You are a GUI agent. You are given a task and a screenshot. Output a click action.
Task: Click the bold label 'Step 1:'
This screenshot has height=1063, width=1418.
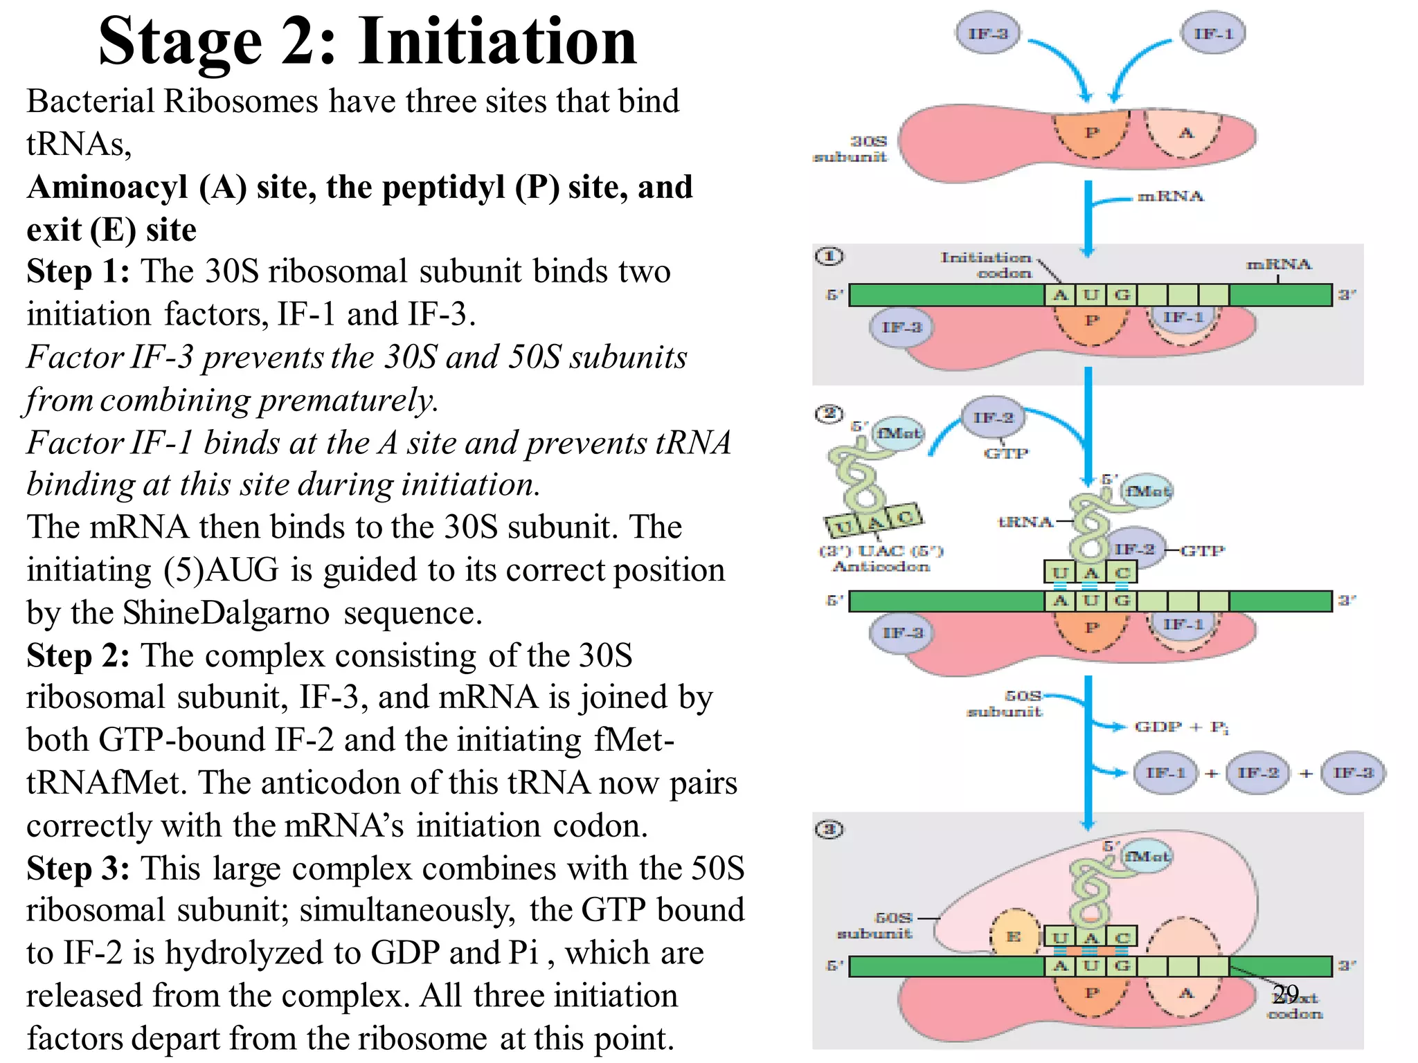[x=78, y=271]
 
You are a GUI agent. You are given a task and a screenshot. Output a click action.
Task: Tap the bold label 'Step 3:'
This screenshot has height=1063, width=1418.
[x=78, y=869]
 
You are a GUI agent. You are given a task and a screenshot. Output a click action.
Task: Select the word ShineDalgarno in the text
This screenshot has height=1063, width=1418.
[x=226, y=613]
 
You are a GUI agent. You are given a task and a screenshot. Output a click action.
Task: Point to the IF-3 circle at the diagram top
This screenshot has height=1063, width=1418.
[x=987, y=33]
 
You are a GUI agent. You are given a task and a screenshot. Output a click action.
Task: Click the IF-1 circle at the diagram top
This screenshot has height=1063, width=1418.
[x=1213, y=33]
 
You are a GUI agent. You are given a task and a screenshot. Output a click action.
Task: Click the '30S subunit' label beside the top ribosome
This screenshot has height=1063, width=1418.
[x=850, y=149]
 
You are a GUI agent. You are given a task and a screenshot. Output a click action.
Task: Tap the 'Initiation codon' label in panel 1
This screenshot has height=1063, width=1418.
[x=986, y=265]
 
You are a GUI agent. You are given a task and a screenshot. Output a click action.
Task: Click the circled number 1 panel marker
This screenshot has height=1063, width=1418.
[x=829, y=257]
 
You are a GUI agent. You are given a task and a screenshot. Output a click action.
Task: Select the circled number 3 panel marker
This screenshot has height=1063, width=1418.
[x=829, y=829]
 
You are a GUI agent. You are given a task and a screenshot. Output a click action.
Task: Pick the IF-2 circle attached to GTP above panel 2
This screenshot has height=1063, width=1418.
[x=993, y=417]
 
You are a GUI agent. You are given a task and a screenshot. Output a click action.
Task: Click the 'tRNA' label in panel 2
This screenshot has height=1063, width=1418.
[x=1025, y=522]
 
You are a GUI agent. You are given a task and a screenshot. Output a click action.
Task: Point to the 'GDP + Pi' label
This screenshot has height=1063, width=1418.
[x=1181, y=727]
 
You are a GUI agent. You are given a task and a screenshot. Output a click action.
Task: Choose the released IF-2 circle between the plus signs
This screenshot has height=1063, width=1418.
[x=1257, y=772]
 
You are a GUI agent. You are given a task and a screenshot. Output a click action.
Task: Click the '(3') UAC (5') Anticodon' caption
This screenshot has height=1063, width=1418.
[x=881, y=558]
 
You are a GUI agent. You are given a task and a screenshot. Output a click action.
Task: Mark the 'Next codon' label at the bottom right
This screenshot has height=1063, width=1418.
[x=1295, y=1006]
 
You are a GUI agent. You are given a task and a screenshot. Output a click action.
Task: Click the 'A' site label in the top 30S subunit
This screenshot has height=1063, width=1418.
[x=1186, y=133]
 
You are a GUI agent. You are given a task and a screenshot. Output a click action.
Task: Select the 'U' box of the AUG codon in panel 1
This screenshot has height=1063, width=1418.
[x=1091, y=296]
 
